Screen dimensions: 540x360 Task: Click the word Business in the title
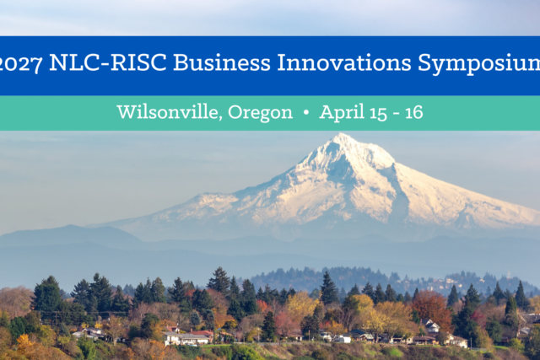pos(222,62)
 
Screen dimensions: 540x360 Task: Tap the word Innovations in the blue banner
pos(344,62)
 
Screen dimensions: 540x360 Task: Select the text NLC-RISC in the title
pos(108,62)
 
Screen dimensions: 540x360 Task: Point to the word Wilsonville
pos(167,112)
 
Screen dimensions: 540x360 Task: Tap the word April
pos(342,113)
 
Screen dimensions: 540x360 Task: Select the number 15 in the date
pos(378,113)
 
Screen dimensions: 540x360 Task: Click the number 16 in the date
pos(413,113)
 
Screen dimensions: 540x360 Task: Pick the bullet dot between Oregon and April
pos(305,112)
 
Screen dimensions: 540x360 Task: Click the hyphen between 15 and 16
pos(396,114)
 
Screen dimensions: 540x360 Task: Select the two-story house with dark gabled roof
pos(429,326)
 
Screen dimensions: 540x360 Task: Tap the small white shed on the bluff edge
pos(341,340)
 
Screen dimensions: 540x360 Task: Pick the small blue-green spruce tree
pos(195,319)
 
